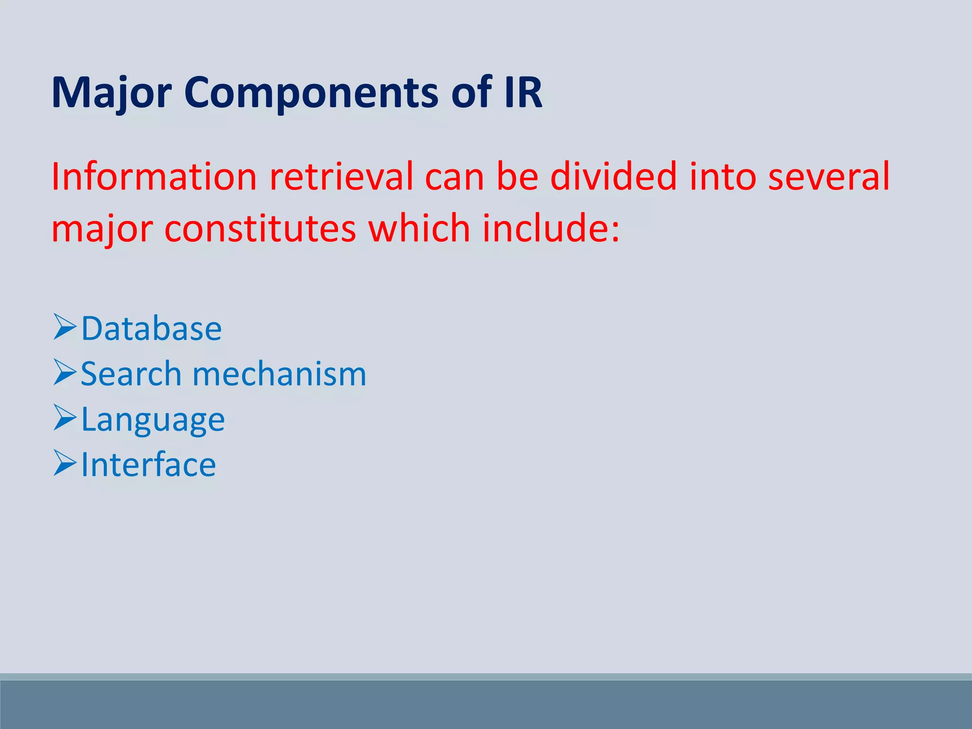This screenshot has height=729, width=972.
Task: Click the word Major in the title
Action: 111,93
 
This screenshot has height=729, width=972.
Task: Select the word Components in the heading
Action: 311,93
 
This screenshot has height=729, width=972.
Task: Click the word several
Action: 828,177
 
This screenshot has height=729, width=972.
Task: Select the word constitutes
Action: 260,228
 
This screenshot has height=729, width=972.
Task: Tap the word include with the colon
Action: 551,228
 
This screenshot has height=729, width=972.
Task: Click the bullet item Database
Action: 151,328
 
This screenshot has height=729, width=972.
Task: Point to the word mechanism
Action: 280,374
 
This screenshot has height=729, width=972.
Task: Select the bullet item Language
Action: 153,420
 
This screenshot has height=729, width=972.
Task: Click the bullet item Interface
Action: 149,465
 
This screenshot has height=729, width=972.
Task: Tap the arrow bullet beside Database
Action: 65,327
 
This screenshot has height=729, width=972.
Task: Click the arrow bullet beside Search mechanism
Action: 65,372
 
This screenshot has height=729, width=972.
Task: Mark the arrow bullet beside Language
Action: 65,418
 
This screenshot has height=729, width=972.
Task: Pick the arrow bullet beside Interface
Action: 65,463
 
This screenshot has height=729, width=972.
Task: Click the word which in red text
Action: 419,228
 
